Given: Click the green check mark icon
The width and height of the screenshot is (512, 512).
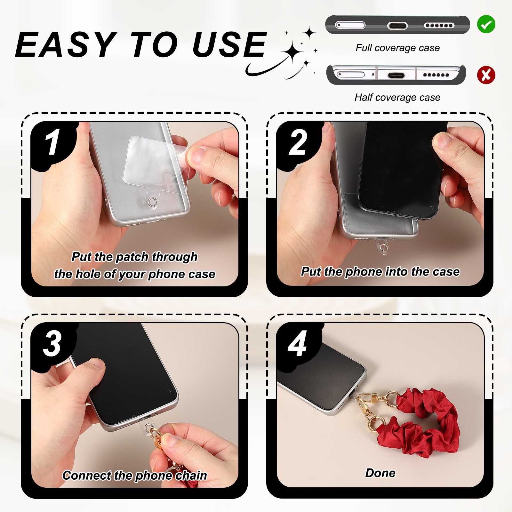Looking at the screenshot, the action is (486, 24).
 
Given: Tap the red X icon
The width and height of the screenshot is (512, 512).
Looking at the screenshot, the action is (486, 75).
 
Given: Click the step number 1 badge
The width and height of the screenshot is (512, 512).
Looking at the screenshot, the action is (53, 142).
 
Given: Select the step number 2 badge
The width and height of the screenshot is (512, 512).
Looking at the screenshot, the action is (298, 142).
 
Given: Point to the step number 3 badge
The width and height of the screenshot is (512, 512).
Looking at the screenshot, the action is (53, 344).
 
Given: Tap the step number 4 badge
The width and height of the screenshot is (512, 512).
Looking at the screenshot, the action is (298, 344).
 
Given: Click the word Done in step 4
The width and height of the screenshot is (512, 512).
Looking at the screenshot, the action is (380, 473).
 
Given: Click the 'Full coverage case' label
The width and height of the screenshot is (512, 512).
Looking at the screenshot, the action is (398, 48).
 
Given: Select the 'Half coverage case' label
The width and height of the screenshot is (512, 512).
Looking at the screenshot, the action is (397, 98).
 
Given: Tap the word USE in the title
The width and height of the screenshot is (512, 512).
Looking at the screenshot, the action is (229, 44).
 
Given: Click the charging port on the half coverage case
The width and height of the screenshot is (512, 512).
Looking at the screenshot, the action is (396, 76).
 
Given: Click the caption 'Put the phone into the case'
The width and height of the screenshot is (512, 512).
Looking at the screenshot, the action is (380, 272).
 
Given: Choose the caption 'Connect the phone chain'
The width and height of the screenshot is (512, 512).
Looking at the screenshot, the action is (135, 476).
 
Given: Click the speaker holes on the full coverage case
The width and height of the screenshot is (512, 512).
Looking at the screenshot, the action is (439, 26).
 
